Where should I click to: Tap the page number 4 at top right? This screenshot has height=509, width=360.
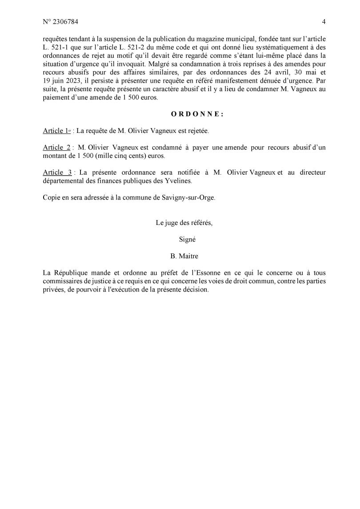(x=324, y=22)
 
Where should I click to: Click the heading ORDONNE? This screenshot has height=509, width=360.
(x=197, y=114)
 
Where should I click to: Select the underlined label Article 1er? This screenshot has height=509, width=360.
(x=57, y=131)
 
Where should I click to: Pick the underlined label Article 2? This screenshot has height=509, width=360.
(x=57, y=148)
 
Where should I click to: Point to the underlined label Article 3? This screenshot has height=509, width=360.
(x=57, y=172)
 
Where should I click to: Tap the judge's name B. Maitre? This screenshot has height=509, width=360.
(x=184, y=256)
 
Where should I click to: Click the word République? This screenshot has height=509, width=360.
(x=71, y=273)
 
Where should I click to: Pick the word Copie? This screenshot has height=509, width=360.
(x=52, y=198)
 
